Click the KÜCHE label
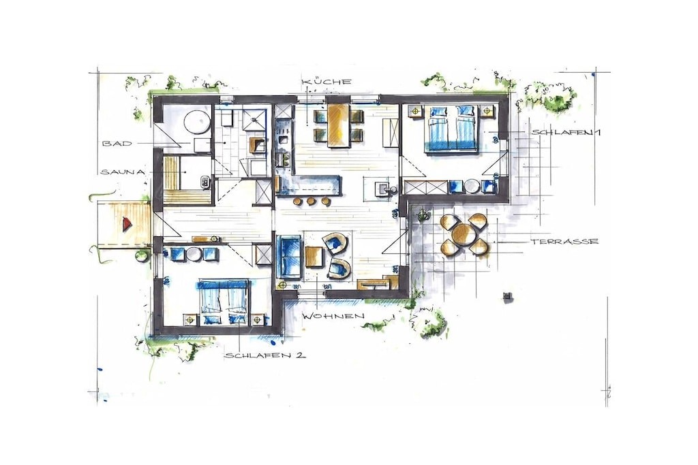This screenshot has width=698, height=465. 327,82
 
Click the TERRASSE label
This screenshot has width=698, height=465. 564,242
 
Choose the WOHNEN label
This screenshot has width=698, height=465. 333,316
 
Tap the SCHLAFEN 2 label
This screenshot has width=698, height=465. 265,355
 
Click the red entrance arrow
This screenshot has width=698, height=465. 127,223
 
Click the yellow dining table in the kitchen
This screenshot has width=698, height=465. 339,125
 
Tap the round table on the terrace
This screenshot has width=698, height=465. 463,234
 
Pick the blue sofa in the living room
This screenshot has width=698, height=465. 289,257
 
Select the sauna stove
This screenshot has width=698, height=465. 205,181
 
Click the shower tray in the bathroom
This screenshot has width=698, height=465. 255,118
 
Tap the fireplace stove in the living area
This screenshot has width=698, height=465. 382,187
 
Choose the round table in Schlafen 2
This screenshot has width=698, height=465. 194,254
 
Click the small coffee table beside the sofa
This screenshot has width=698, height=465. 314,257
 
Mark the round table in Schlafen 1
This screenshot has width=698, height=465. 472,187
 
